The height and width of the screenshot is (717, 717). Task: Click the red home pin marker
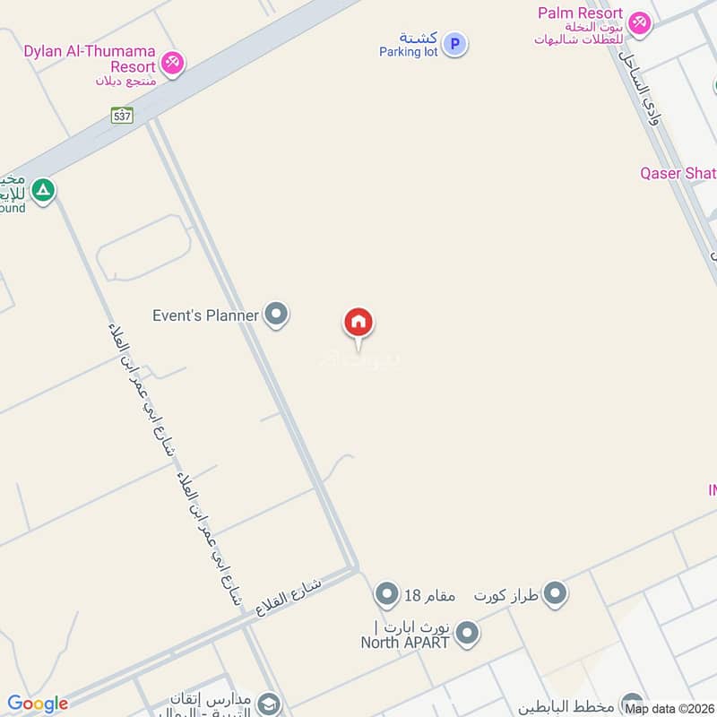click(x=358, y=324)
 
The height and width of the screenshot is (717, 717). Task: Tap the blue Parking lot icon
click(x=455, y=43)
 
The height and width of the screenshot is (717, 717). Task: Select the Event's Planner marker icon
click(x=277, y=315)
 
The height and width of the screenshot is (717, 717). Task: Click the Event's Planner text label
click(x=205, y=315)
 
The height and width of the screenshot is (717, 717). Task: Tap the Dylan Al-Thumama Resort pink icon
click(x=174, y=63)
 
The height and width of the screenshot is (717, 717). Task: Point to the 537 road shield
click(x=122, y=115)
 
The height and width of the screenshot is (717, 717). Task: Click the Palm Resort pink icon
click(x=639, y=23)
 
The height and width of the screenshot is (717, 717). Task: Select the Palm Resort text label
click(x=581, y=13)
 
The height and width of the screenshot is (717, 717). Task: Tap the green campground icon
click(x=42, y=190)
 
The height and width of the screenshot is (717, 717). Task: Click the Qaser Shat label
click(x=678, y=173)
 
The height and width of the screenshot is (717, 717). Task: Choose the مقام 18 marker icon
click(x=386, y=593)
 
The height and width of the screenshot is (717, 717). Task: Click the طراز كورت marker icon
click(x=556, y=593)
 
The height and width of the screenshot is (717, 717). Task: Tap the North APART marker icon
click(x=465, y=635)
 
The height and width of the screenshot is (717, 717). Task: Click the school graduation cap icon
click(x=269, y=704)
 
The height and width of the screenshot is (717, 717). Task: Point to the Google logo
click(x=38, y=704)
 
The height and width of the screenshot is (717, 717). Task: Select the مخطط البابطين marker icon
click(x=632, y=703)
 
